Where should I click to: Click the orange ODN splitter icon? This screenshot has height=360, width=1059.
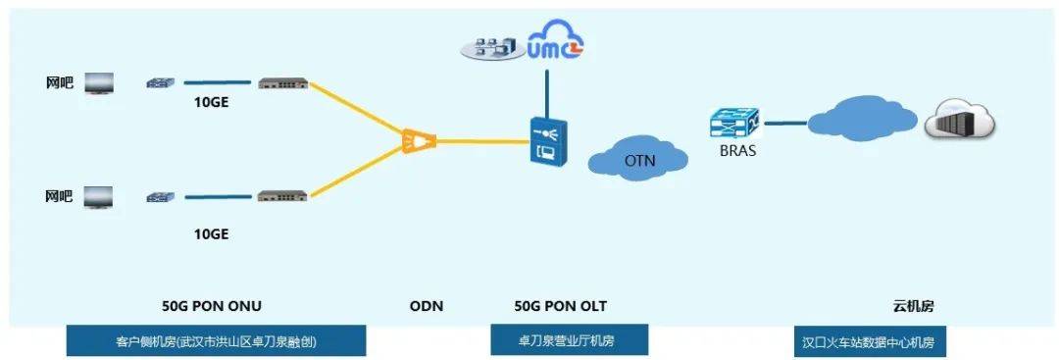click(419, 143)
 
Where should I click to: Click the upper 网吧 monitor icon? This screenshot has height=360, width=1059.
click(98, 84)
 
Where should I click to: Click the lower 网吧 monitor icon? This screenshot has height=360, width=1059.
click(98, 197)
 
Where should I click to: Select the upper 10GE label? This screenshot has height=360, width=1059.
click(212, 101)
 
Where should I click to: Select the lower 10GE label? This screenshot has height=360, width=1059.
click(212, 234)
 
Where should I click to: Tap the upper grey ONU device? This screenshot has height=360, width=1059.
click(282, 84)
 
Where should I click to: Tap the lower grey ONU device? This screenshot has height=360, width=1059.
click(282, 197)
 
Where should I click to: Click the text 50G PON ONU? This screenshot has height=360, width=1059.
click(211, 306)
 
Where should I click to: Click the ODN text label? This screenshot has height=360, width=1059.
click(427, 306)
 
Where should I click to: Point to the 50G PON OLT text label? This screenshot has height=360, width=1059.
click(561, 306)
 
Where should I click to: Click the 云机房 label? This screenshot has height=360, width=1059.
click(913, 306)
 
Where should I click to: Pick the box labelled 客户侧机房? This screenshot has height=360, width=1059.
click(216, 341)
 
